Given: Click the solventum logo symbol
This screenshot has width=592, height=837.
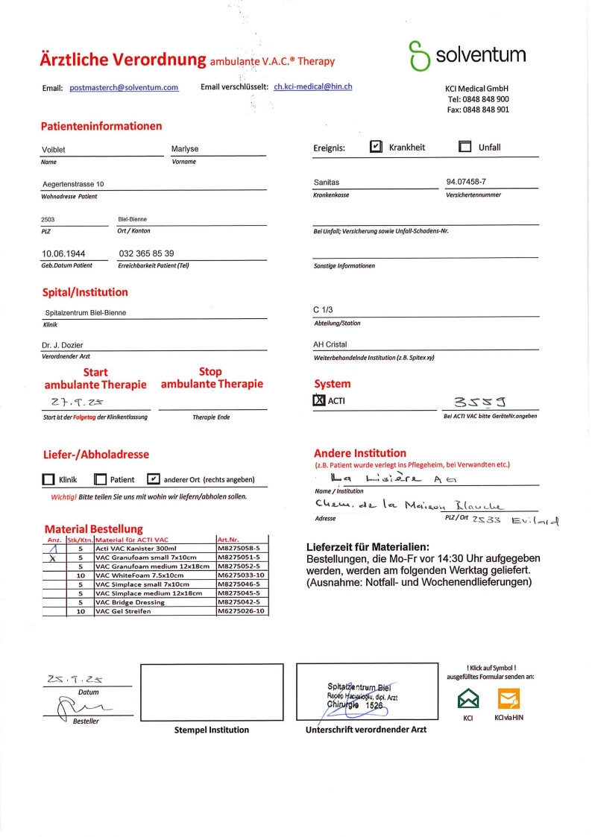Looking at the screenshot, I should (419, 56).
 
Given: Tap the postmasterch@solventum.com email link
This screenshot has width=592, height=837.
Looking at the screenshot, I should (124, 88).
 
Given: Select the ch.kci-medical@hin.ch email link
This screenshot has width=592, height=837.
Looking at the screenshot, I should (313, 86).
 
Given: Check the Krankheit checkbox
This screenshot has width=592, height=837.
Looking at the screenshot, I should (377, 147).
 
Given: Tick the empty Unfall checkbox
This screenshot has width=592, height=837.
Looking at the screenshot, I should (465, 147).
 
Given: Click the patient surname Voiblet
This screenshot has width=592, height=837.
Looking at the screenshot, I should (54, 150).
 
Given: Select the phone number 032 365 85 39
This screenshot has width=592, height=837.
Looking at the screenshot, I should (146, 253).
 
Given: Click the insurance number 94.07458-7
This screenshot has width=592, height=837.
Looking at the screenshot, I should (467, 182).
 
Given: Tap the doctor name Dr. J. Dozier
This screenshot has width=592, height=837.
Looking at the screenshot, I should (64, 344).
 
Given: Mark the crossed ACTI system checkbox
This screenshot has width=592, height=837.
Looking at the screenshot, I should (319, 401).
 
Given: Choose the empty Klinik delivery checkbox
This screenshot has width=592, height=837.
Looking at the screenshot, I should (48, 480).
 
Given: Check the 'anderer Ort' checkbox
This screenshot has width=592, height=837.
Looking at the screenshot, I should (154, 479).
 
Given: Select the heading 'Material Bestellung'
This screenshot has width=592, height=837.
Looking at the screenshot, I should (94, 529).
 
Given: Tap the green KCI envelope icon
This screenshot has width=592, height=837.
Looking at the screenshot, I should (467, 698).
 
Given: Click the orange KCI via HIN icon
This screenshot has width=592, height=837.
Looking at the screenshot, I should (508, 698).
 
